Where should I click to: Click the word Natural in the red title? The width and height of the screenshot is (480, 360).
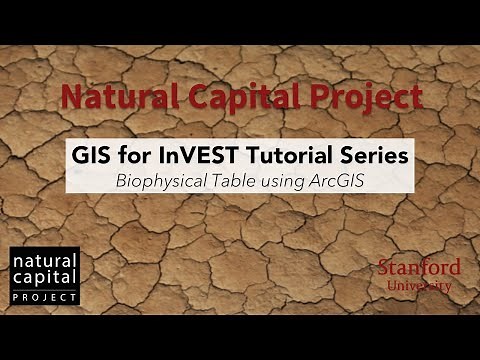coord(107,97)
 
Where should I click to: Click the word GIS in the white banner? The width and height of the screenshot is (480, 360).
coord(93,157)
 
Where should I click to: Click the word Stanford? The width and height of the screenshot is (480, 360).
coord(419,267)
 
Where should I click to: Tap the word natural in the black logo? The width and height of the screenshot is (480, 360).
coord(44,262)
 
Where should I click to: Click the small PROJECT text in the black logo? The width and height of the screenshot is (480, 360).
coord(44,298)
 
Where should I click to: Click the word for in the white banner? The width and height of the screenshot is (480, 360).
coord(138,157)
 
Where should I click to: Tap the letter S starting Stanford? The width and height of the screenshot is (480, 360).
coord(385,267)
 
